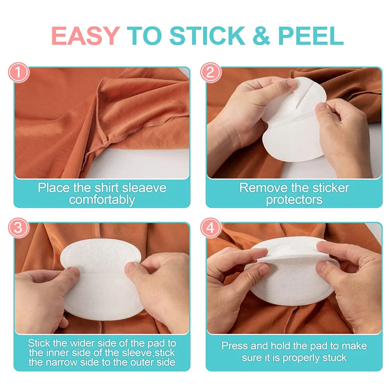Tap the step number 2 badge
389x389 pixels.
tap(210, 73)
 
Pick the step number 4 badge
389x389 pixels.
tap(210, 228)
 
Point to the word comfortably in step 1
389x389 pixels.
tap(102, 200)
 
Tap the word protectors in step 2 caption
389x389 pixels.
tap(294, 200)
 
